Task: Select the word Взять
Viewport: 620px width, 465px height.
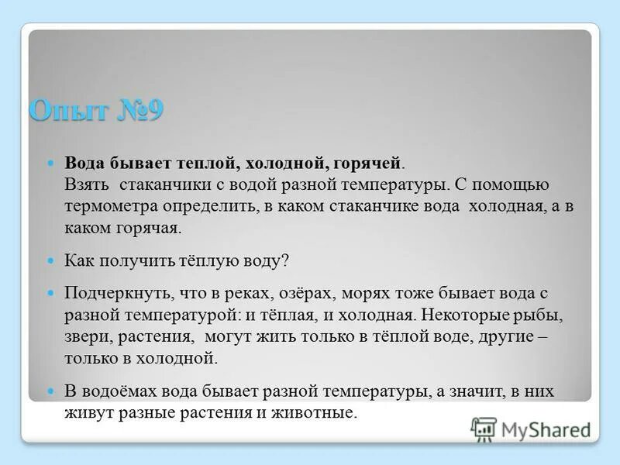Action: point(86,185)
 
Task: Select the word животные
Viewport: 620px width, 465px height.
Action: point(319,413)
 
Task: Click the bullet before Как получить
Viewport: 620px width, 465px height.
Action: point(52,261)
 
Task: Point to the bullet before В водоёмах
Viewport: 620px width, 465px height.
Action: point(52,391)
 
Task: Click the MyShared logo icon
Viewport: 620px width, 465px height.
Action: point(484,429)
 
